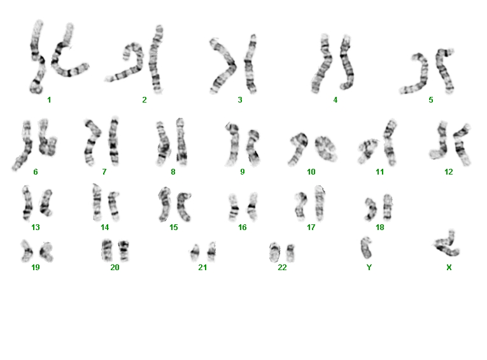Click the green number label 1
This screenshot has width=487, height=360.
coord(49,100)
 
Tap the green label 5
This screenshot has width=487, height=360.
coord(431,100)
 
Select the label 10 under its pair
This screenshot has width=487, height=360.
coord(311,172)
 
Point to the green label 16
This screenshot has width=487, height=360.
coord(243,227)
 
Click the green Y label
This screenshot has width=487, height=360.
coord(369,268)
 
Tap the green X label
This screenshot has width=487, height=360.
coord(449,268)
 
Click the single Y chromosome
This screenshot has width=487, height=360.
coord(366,248)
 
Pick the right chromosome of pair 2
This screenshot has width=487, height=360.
coord(156,59)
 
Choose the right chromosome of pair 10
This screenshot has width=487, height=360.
coord(326,148)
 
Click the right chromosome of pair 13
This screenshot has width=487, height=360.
coord(46,203)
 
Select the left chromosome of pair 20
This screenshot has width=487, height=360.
coord(106,250)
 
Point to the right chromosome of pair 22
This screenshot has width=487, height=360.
coord(290,254)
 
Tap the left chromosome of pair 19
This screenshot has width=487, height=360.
coord(27,250)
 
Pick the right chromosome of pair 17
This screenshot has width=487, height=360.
coord(320,203)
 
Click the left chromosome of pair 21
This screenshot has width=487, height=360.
coord(195,252)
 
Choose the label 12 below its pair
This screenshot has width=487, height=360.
coord(449,172)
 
